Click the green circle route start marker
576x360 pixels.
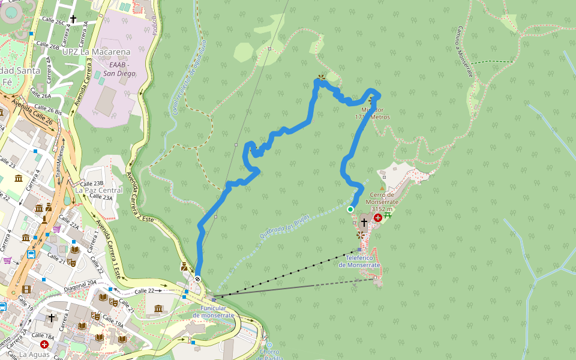coord(350,209)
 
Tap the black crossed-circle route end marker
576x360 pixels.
coord(197,279)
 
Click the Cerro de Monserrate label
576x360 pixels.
coord(382,198)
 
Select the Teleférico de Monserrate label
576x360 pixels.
coord(359,261)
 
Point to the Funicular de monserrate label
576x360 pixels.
coord(214,311)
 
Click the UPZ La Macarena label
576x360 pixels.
coord(97,52)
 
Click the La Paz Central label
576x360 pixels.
coord(99,190)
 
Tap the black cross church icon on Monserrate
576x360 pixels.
coord(364,223)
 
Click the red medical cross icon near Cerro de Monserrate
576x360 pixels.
coord(378,218)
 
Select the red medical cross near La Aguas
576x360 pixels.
coord(44,344)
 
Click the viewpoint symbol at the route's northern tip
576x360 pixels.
coord(321,77)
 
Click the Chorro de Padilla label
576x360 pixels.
coord(269,354)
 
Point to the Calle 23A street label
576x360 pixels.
coord(100,197)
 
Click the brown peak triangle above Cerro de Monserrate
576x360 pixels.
coord(382,187)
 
